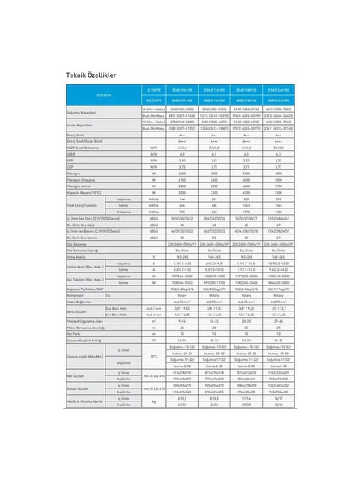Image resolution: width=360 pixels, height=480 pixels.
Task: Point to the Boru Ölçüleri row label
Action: pos(78,312)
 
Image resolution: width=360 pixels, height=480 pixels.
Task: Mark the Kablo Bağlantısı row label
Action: pos(80,302)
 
